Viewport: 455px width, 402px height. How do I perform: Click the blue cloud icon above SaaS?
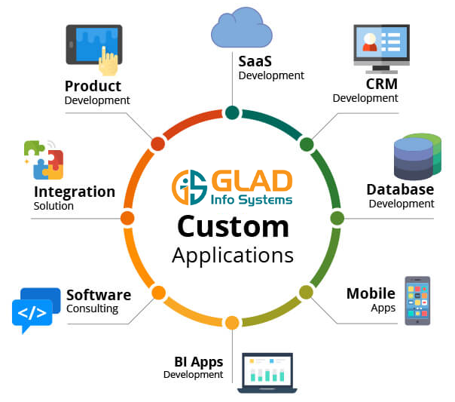[x=240, y=32]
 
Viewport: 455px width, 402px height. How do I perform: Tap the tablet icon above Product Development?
[x=93, y=50]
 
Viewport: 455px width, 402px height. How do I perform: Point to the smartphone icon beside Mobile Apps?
[x=417, y=300]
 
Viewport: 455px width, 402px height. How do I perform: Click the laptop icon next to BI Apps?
[x=267, y=373]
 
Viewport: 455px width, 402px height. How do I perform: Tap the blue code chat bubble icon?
[x=32, y=310]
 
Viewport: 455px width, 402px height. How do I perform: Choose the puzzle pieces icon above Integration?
[x=43, y=159]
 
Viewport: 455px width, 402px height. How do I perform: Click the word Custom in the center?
[x=233, y=226]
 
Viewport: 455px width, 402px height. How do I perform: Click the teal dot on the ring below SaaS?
[x=232, y=113]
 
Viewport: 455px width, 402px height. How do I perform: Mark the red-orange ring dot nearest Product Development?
[x=157, y=143]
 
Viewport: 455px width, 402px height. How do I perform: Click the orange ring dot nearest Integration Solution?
[x=127, y=218]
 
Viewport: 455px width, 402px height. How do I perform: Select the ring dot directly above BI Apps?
[x=232, y=323]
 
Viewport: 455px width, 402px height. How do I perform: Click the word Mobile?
[x=371, y=293]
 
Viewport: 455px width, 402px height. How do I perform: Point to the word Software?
[x=99, y=295]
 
